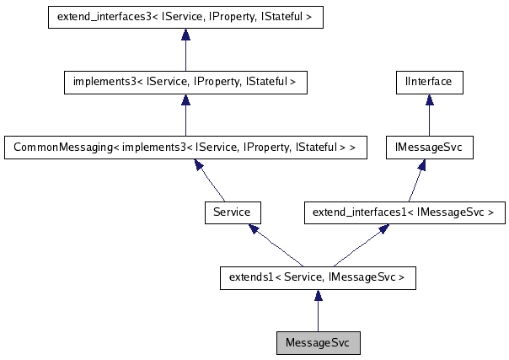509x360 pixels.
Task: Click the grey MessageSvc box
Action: pos(318,343)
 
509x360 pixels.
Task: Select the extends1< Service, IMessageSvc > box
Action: pos(318,277)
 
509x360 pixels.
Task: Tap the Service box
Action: pos(233,212)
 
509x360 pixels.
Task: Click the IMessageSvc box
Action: pos(429,147)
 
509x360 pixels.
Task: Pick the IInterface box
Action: pos(429,82)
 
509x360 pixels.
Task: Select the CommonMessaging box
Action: pos(185,147)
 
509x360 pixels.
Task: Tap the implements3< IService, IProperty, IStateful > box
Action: pos(185,82)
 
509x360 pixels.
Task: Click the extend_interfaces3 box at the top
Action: pos(185,17)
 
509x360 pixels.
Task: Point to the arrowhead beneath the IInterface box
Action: pos(429,99)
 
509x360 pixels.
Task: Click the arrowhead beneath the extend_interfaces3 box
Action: pos(185,35)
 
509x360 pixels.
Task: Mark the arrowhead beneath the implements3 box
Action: pos(185,99)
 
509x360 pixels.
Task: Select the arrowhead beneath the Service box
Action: pos(250,228)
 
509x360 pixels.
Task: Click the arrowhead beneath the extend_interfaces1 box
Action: pos(384,228)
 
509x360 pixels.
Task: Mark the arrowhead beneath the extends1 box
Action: pos(318,295)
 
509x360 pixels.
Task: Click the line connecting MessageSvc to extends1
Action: pos(318,317)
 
